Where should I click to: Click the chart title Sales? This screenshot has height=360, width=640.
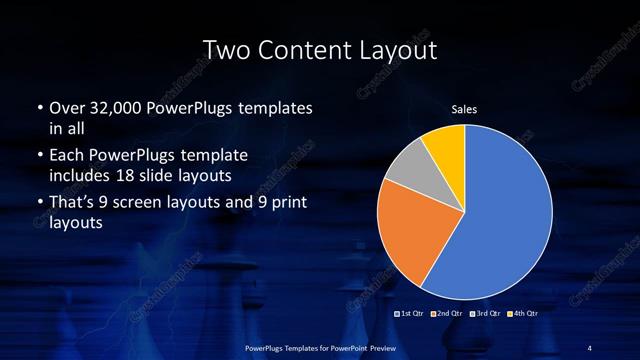(x=464, y=110)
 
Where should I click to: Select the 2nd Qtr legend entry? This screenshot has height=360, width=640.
(x=449, y=313)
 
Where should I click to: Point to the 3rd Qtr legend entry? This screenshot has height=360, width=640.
(x=485, y=313)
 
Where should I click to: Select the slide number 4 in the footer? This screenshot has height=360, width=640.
(x=590, y=347)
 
